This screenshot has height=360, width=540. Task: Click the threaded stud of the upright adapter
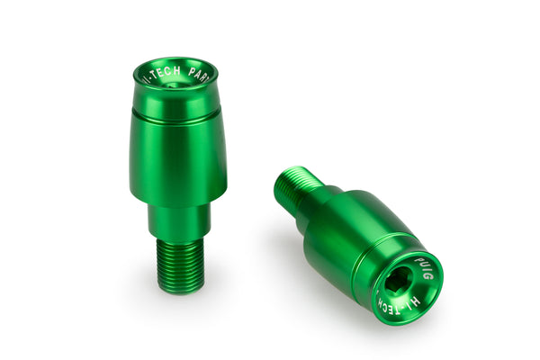(x=180, y=263)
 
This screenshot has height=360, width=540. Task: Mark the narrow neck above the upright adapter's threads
(x=179, y=220)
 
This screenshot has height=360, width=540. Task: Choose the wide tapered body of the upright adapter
(x=177, y=157)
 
